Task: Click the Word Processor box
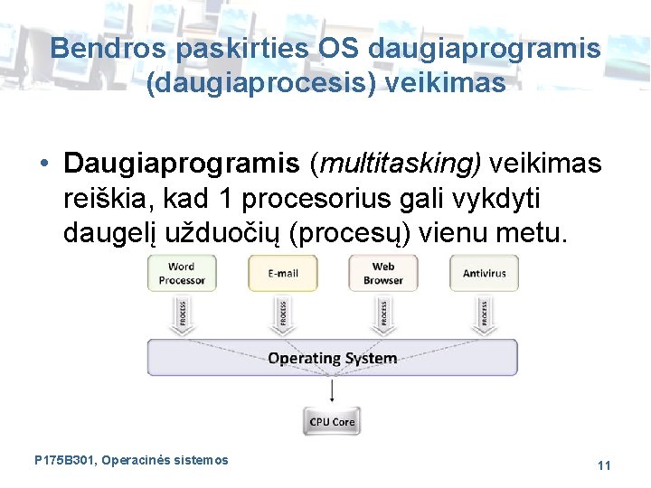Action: (182, 273)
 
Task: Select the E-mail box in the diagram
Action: (282, 273)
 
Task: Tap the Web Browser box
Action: (383, 273)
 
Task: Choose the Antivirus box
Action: (484, 273)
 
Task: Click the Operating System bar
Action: (332, 358)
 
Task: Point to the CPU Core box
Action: (332, 421)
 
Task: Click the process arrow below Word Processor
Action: (183, 314)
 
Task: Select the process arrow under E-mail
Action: (283, 314)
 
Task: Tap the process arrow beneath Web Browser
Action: (383, 314)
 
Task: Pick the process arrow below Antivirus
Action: (485, 314)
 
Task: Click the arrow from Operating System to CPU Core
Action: (332, 390)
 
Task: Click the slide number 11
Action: (604, 465)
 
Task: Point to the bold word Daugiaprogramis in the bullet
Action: (181, 164)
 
